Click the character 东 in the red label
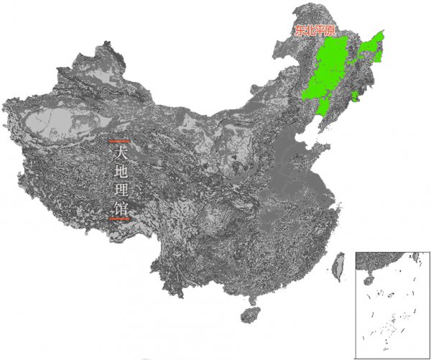tap(300, 31)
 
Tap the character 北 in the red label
tap(311, 31)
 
